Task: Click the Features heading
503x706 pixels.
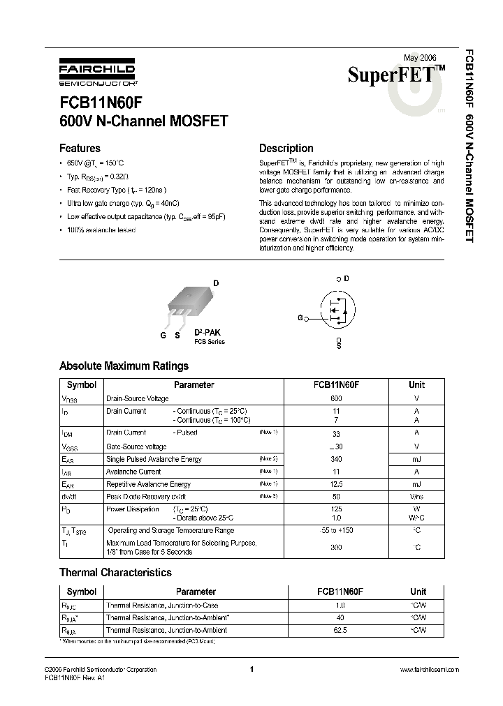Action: point(80,148)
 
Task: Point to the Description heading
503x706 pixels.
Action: point(286,148)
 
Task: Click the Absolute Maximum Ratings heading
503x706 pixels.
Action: point(124,366)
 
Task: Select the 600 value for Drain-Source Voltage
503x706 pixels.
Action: point(336,398)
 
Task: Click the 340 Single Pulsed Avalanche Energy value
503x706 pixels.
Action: point(336,458)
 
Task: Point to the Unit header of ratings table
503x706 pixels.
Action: point(416,384)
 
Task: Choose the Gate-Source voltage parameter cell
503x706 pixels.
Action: point(136,446)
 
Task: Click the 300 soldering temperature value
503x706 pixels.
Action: point(336,548)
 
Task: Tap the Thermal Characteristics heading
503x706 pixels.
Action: point(115,572)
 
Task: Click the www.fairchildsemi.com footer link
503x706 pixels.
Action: point(429,670)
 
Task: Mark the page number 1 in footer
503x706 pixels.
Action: point(251,670)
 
